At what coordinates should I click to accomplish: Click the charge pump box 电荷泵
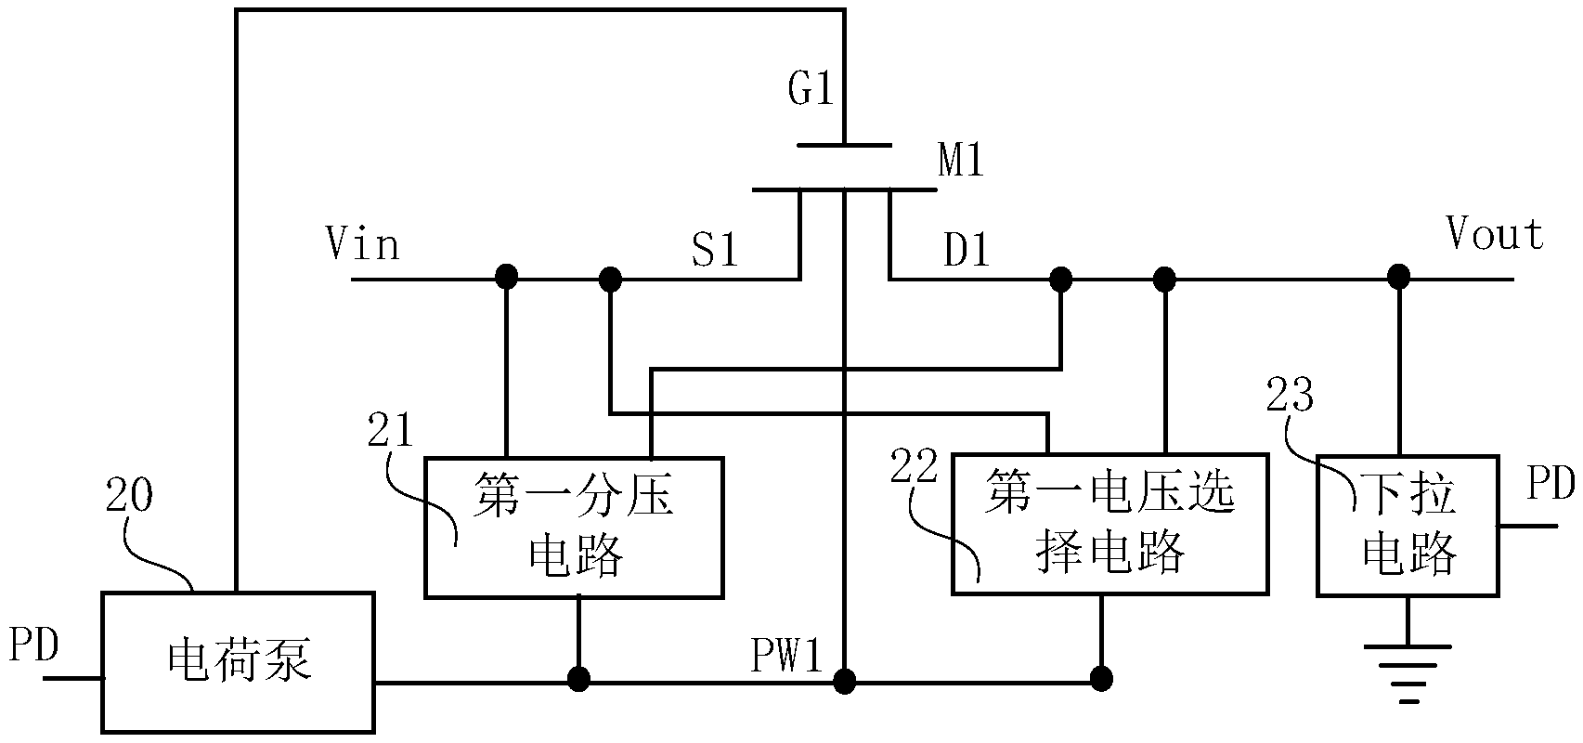pos(238,661)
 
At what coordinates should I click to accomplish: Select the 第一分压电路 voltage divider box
pos(574,527)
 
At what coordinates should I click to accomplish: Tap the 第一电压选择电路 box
pos(1109,525)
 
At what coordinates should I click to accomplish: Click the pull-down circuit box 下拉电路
pos(1407,526)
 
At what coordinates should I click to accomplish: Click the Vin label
pos(363,245)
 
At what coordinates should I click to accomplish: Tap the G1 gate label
pos(811,91)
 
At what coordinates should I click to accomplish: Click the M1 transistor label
pos(961,163)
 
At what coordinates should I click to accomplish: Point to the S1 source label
pos(715,251)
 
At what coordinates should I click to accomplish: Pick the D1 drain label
pos(967,252)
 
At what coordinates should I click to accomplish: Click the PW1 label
pos(787,658)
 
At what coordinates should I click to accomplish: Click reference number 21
pos(390,433)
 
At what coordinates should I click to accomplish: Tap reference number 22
pos(915,465)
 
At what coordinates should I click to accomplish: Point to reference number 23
pos(1291,397)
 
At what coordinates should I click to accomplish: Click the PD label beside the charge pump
pos(34,645)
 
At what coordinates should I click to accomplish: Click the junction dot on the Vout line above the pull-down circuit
pos(1398,276)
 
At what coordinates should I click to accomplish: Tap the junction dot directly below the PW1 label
pos(844,683)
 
